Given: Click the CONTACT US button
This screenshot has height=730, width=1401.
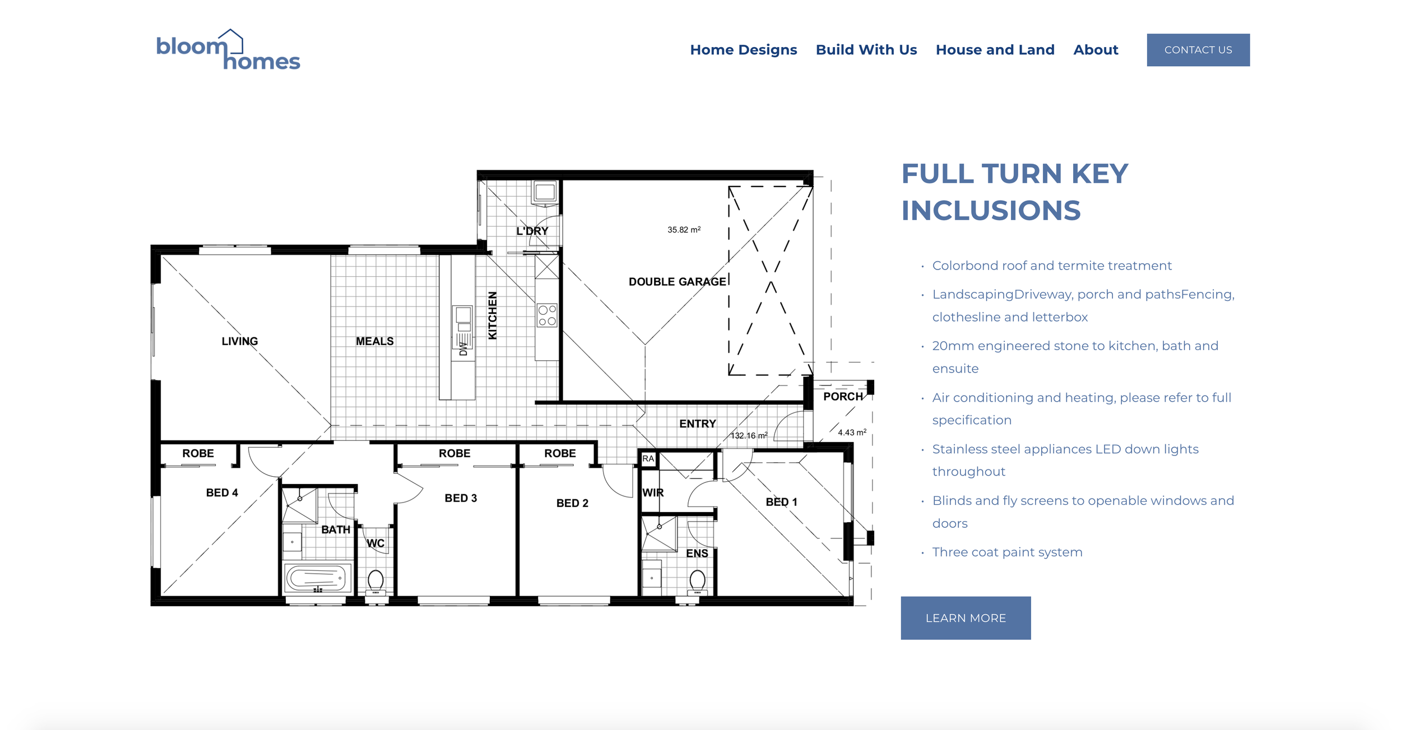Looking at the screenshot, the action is [1198, 50].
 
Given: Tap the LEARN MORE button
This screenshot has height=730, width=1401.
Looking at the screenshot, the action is [966, 618].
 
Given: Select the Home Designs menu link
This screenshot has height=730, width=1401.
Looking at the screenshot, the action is [743, 50].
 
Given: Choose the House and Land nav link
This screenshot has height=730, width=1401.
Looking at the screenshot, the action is [995, 50].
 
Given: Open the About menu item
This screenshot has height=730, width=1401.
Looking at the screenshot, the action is [1096, 50].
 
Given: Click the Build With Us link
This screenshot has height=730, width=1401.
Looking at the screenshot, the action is [866, 50].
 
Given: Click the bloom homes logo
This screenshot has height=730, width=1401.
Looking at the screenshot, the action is [228, 50].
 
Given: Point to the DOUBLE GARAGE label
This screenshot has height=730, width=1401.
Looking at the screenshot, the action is [677, 282].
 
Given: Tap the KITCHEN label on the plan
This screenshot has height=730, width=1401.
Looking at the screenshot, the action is [493, 315].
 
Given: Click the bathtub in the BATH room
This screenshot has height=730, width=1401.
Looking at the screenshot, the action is [318, 578].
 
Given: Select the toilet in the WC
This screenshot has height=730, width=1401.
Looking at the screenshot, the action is [375, 581].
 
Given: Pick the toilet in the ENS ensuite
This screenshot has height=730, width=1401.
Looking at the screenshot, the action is [698, 581].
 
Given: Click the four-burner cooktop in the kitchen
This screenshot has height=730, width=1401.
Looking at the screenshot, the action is [547, 315].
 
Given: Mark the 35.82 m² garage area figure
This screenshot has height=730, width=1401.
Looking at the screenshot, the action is [684, 230].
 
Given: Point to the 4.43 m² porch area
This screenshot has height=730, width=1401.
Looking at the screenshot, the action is [852, 432].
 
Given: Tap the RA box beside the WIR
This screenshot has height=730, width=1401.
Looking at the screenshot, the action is [648, 458].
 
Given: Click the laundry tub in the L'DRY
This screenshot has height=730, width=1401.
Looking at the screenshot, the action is [545, 192].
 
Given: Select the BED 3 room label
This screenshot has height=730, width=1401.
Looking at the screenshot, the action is [461, 498].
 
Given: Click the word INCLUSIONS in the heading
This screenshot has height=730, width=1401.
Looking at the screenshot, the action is [991, 211].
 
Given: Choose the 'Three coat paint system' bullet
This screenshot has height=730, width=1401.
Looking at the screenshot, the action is [1007, 552].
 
